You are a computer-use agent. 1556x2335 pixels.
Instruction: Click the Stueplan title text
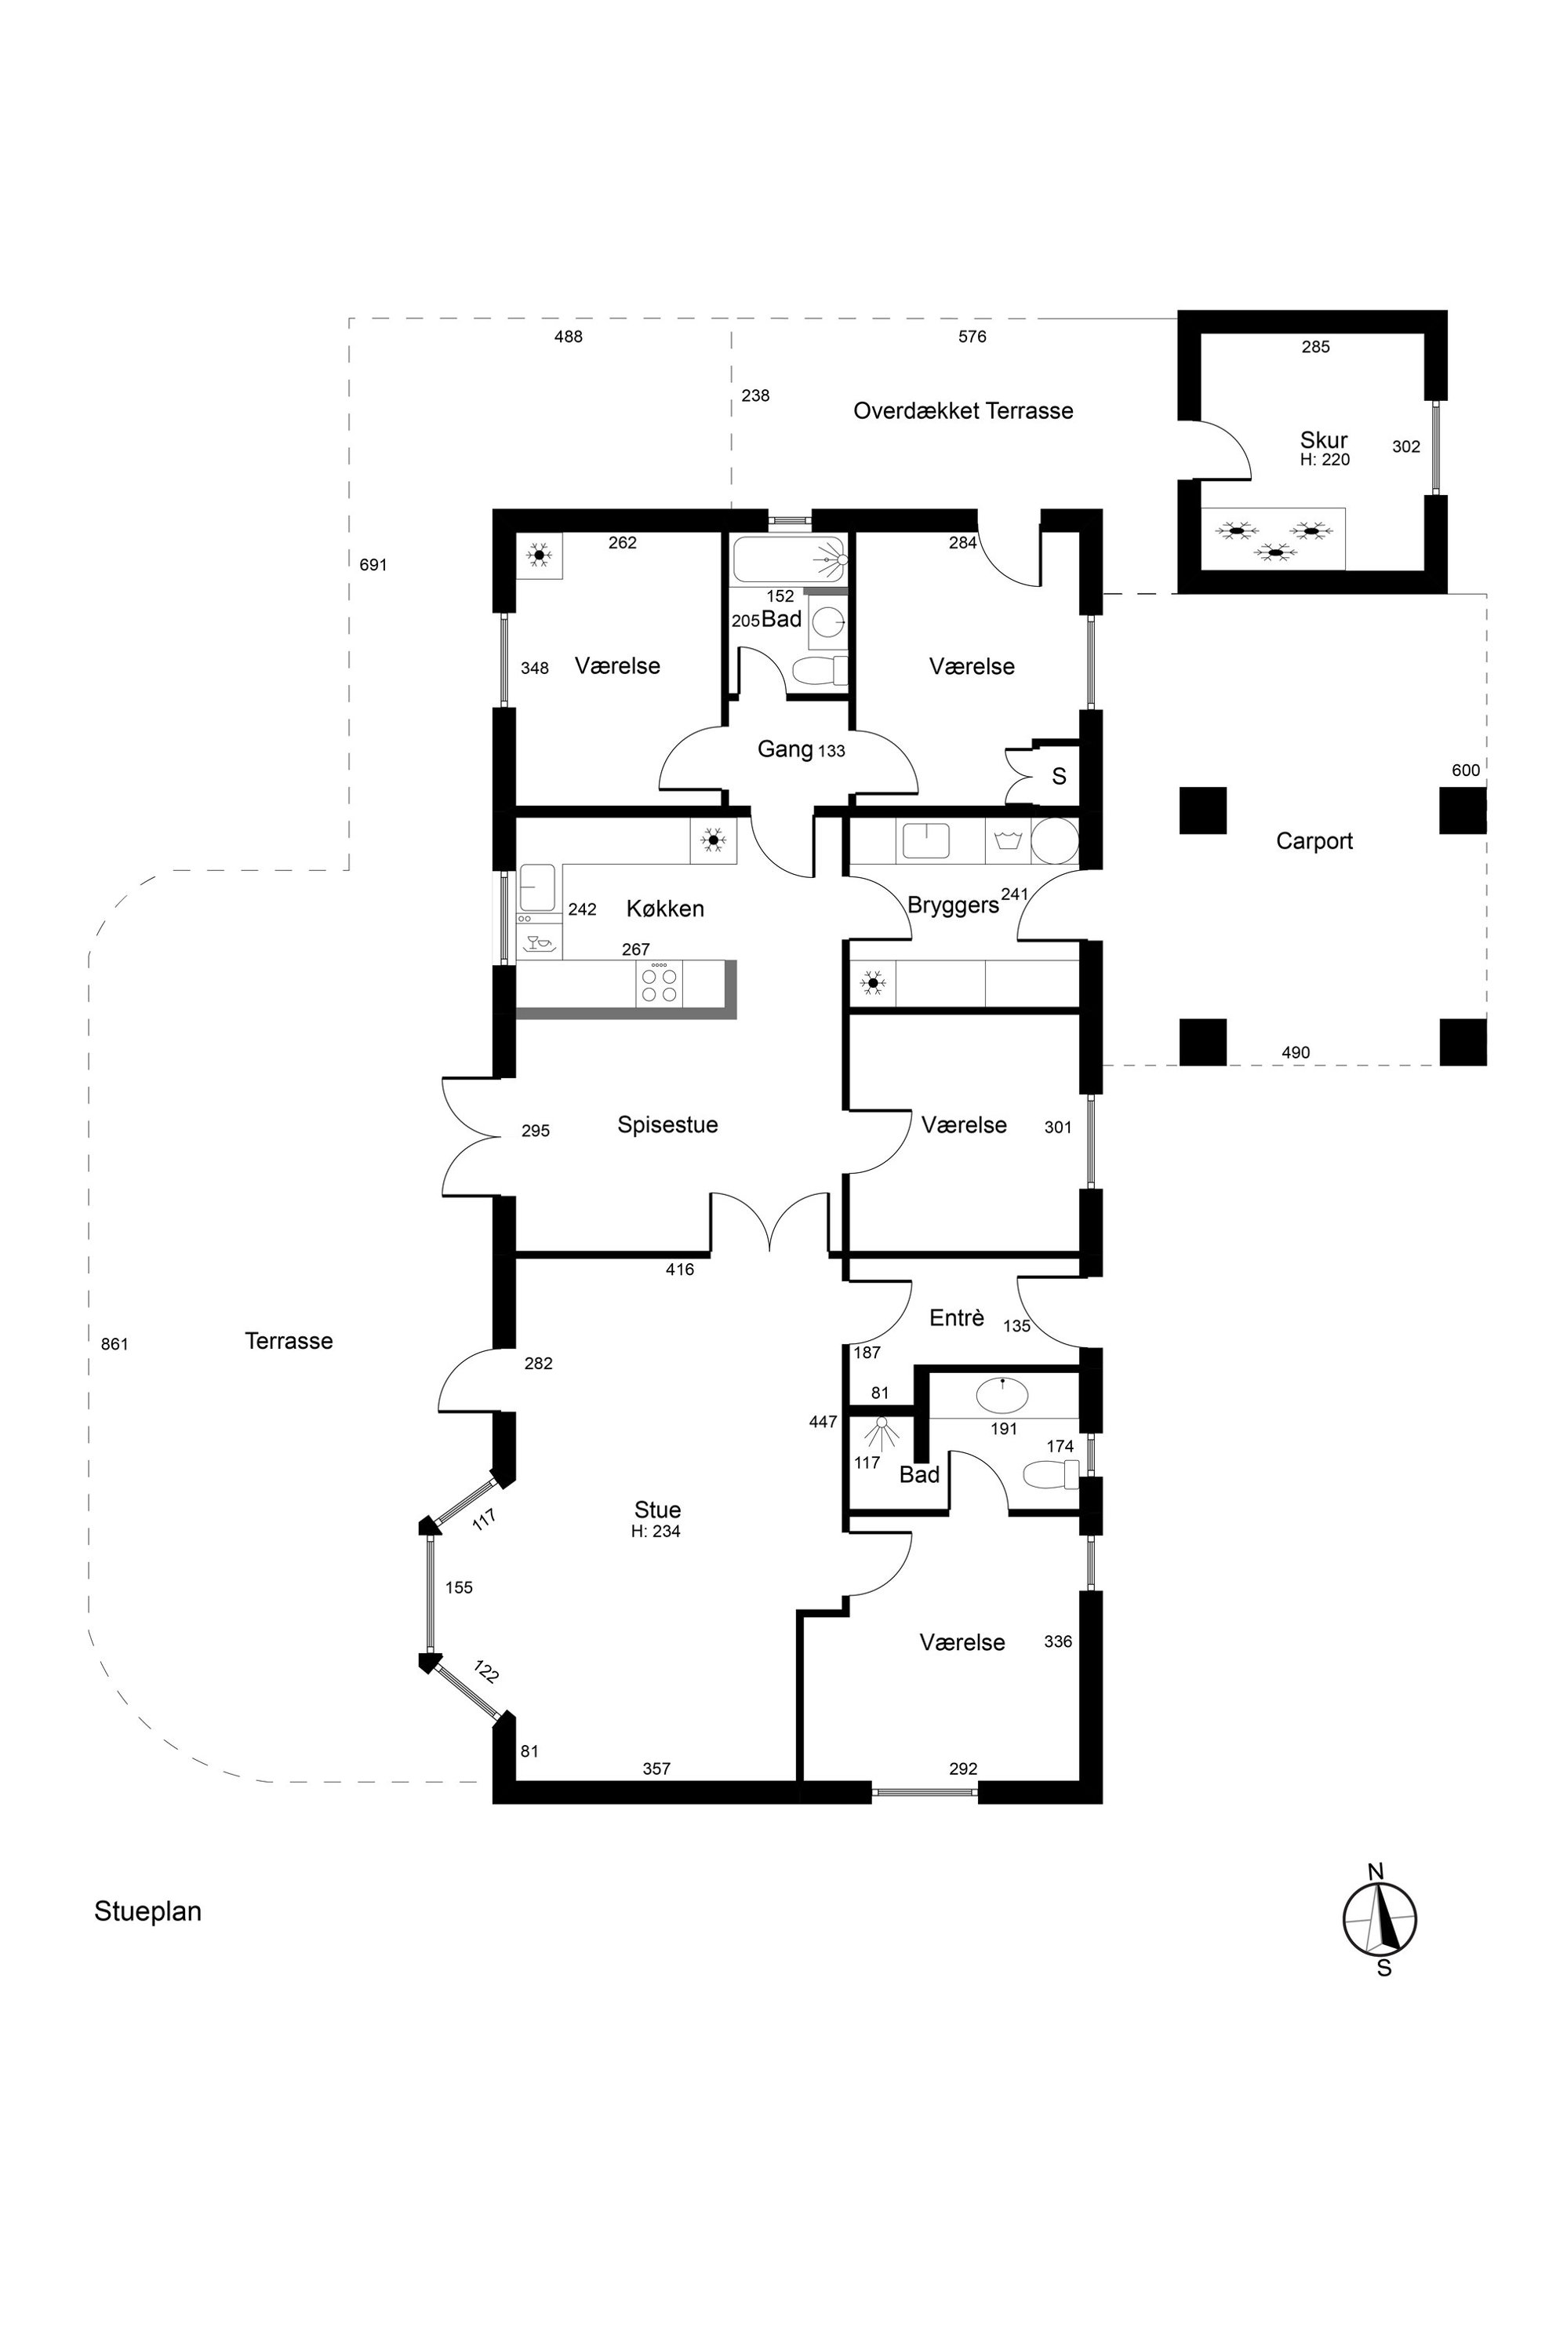point(148,1911)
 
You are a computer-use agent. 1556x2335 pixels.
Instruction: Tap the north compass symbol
point(1380,1919)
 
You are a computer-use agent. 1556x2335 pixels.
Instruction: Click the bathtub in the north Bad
point(789,560)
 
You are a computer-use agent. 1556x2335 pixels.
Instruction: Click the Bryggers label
point(953,905)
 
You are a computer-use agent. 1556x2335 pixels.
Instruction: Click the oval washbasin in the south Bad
point(1003,1396)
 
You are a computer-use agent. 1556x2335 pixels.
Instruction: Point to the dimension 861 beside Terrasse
point(115,1344)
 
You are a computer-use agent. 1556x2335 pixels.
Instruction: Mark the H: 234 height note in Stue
point(656,1531)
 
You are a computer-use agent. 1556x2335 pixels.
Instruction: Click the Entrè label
point(957,1317)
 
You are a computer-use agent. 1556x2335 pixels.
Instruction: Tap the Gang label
point(785,749)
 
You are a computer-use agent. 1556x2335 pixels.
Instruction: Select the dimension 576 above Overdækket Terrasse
point(972,337)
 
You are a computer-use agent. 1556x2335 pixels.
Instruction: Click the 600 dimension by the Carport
point(1466,770)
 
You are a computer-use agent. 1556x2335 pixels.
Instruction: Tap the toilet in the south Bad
point(1050,1475)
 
